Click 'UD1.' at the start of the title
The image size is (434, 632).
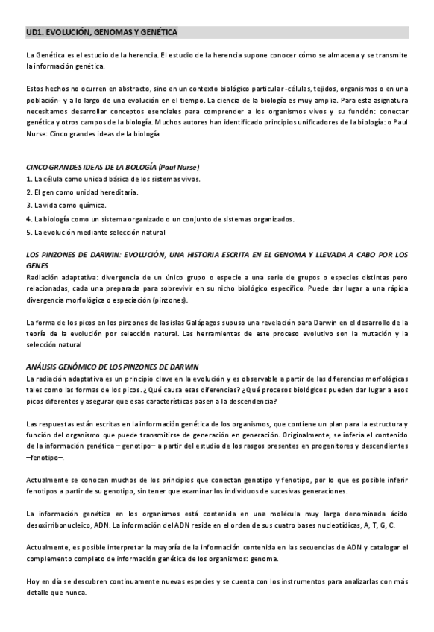[34, 33]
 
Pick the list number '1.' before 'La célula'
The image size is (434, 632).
[28, 179]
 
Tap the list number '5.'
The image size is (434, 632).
[28, 232]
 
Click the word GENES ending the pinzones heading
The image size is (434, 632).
[37, 265]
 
